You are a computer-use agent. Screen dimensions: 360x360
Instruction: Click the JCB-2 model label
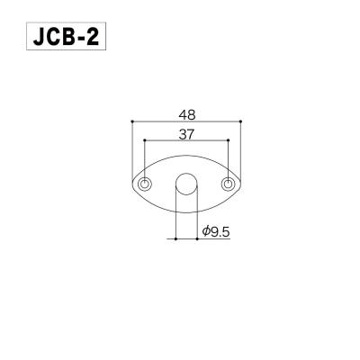pyautogui.click(x=68, y=40)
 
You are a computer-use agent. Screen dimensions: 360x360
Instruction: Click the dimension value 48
pyautogui.click(x=187, y=114)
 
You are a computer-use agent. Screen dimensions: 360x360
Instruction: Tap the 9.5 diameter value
pyautogui.click(x=221, y=231)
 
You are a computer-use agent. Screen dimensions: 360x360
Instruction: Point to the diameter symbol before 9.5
pyautogui.click(x=206, y=231)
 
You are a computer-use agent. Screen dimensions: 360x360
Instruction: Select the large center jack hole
pyautogui.click(x=186, y=184)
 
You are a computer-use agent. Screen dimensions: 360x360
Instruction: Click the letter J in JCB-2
pyautogui.click(x=38, y=40)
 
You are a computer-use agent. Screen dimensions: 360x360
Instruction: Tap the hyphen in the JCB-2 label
pyautogui.click(x=83, y=41)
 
